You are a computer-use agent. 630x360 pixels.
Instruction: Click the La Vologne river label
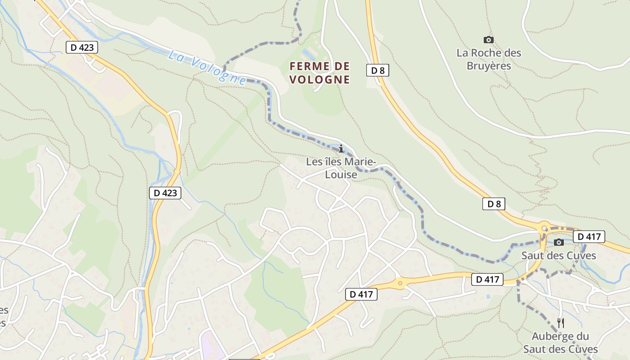click(x=207, y=67)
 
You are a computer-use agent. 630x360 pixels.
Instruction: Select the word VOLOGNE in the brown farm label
click(x=319, y=80)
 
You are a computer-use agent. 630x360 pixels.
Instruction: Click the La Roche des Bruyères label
click(x=489, y=59)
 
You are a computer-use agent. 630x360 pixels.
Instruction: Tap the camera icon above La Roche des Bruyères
click(x=488, y=40)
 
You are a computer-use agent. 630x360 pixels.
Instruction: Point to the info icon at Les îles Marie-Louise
click(x=341, y=148)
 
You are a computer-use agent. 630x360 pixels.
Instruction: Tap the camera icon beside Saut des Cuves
click(x=559, y=243)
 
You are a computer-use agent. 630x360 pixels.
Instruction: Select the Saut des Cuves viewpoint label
click(x=558, y=256)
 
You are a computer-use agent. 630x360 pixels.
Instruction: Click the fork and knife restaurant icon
click(x=560, y=323)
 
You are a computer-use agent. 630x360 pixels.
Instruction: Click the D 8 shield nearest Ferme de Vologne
click(x=378, y=70)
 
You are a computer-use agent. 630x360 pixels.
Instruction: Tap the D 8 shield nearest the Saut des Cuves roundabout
click(x=494, y=204)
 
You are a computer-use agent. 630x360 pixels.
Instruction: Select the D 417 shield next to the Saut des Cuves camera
click(x=589, y=236)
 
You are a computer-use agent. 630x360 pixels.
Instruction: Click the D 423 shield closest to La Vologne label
click(x=82, y=47)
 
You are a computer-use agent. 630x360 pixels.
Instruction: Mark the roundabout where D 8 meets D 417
click(x=545, y=229)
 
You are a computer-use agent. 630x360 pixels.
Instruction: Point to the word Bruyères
click(x=489, y=66)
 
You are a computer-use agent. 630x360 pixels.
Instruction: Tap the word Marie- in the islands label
click(x=359, y=161)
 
